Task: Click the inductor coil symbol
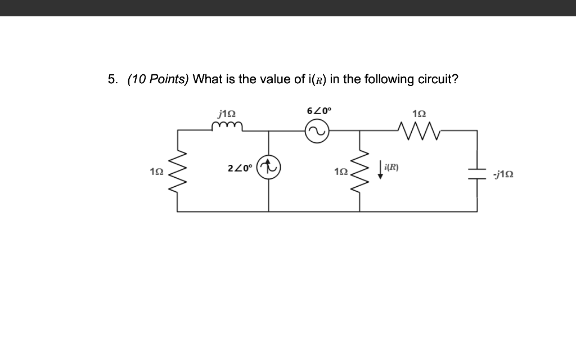click(x=227, y=127)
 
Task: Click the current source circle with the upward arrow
click(x=269, y=168)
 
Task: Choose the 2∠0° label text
click(x=240, y=168)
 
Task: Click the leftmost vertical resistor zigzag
click(x=178, y=170)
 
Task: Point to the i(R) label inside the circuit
click(x=391, y=167)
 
